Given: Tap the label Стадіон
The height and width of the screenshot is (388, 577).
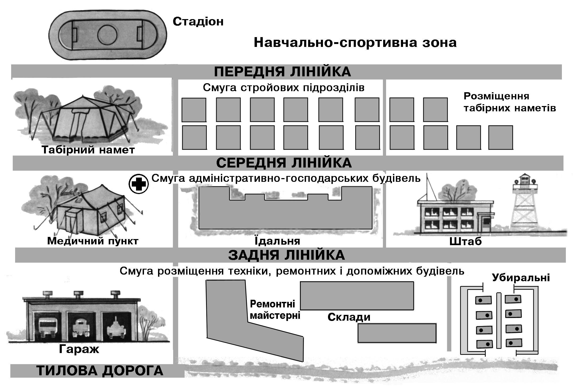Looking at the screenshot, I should coord(198,21).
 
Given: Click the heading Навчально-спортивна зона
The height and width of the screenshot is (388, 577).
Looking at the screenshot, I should coord(355,43).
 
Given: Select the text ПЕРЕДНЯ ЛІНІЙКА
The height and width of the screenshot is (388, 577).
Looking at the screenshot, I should coord(282,72).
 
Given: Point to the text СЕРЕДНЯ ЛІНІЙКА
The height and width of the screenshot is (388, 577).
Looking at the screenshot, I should coord(284,163).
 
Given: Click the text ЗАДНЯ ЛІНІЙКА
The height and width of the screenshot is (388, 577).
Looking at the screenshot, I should coord(286,255).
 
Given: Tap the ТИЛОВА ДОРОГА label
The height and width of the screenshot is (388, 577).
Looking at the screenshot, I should coord(100,371).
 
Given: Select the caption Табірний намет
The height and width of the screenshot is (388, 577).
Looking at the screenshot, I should coord(88,150).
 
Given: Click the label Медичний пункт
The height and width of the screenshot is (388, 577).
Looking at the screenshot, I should coord(93,241).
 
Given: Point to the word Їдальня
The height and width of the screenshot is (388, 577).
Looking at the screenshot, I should coord(277,241).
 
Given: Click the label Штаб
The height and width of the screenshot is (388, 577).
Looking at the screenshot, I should coord(465,241).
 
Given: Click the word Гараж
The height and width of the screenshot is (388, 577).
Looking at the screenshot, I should coord(79,349).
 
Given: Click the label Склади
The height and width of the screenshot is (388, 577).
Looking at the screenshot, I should coord(349,317).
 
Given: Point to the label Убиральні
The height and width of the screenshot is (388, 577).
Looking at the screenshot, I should coord(521,277).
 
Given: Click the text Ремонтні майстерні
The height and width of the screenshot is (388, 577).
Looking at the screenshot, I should coord(275,310).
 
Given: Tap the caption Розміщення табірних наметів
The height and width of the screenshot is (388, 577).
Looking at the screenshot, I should coord(509,102).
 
